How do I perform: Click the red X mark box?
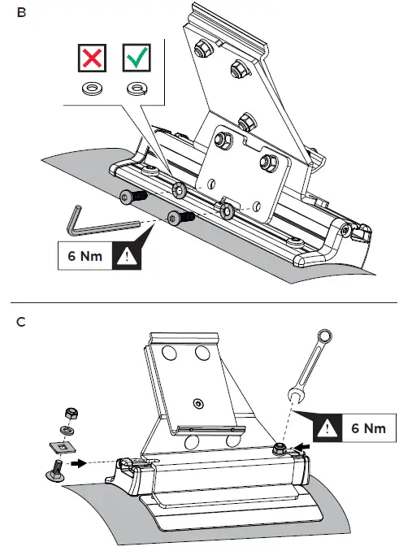click(92, 58)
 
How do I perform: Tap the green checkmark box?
click(137, 58)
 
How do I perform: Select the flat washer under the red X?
click(92, 88)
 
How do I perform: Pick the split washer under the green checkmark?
click(137, 88)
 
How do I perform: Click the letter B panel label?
click(21, 13)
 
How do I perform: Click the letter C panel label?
click(21, 322)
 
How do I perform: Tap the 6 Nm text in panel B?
click(85, 256)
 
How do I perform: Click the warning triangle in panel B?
click(127, 257)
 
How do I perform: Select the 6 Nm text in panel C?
click(368, 428)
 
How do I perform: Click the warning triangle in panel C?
click(327, 428)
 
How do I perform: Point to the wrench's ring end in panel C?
click(324, 336)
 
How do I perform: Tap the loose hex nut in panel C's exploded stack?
click(72, 413)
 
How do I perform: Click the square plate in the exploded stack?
click(62, 447)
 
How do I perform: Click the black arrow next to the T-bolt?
click(78, 463)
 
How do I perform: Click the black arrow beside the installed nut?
click(302, 447)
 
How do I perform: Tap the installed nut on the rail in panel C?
click(280, 449)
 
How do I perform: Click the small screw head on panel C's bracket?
click(199, 404)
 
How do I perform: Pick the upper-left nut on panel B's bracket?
click(202, 47)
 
